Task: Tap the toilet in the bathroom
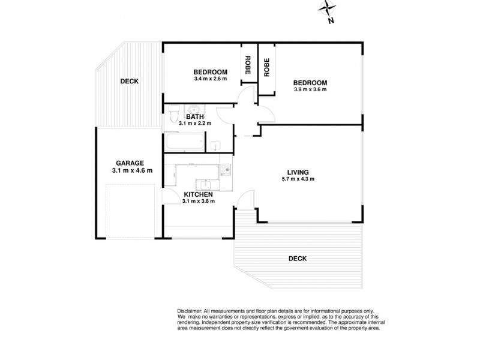coord(173,111)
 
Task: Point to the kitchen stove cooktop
coord(225,170)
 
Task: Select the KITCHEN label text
coord(198,194)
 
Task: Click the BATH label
coord(195,116)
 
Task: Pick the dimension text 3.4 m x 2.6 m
coord(210,78)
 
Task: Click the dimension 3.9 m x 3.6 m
coord(310,90)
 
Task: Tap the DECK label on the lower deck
coord(297,259)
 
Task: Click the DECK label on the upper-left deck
coord(130,81)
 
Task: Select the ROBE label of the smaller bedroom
coord(247,65)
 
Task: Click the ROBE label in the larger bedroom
coord(266,67)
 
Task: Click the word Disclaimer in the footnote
coord(191,310)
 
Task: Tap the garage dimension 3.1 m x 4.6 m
coord(132,170)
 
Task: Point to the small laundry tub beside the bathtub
coord(214,145)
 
